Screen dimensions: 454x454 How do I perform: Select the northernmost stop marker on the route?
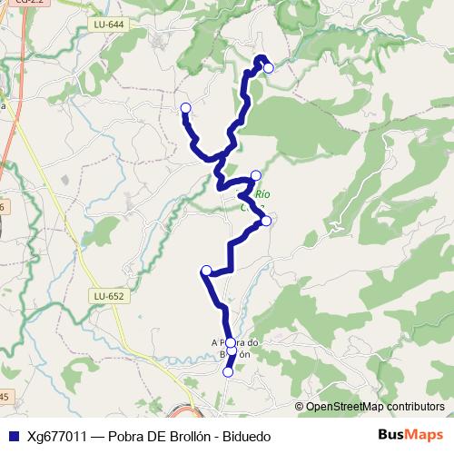[268, 67]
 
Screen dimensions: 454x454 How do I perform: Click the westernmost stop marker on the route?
[185, 109]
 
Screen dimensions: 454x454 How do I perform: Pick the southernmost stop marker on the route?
[228, 370]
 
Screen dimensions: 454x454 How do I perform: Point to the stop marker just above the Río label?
[255, 175]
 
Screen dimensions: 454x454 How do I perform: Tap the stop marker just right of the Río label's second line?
[266, 221]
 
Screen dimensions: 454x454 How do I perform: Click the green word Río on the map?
[262, 194]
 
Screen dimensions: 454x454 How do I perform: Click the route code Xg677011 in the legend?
[57, 437]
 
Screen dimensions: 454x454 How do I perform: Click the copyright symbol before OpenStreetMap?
[299, 407]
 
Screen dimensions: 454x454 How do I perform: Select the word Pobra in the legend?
[126, 437]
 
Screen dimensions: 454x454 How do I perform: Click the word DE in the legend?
[155, 437]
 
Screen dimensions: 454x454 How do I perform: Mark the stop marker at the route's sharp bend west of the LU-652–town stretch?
[206, 270]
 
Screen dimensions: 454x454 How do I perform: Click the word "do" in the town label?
[255, 342]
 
